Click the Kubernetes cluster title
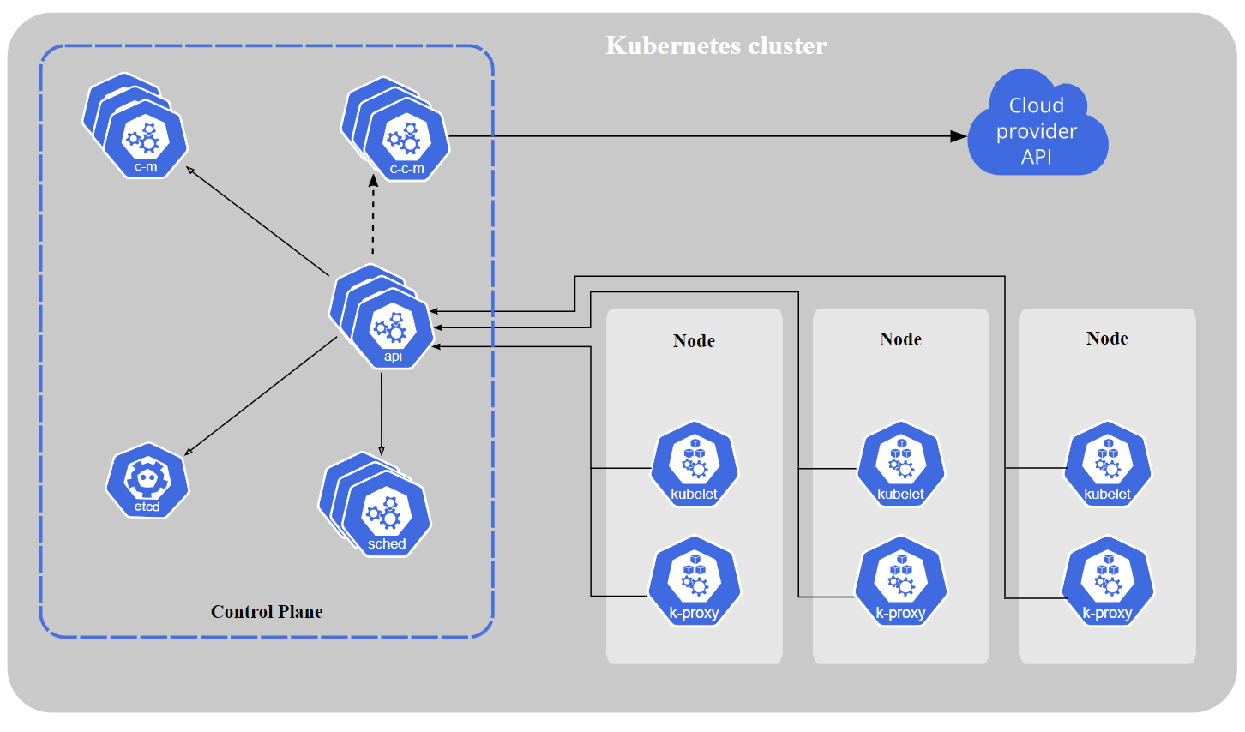click(716, 45)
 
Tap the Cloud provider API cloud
click(1037, 129)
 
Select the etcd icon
click(147, 481)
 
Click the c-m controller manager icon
click(145, 139)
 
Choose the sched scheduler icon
click(386, 517)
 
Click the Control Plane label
click(267, 612)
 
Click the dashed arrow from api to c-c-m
click(373, 219)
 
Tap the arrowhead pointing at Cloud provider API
click(959, 135)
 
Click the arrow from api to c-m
click(257, 221)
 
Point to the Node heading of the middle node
click(900, 339)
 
